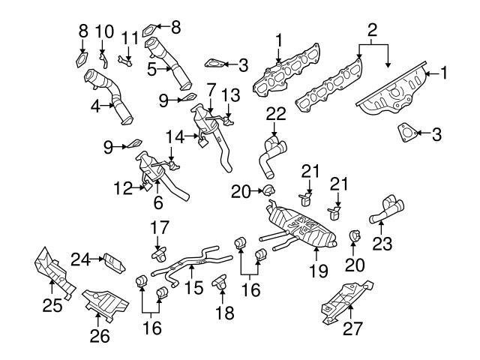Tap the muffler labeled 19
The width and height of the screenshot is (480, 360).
[x=300, y=224]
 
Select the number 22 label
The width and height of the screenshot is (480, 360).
[x=277, y=112]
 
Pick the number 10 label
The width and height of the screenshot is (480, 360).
[x=105, y=31]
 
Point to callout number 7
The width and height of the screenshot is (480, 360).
[x=211, y=88]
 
